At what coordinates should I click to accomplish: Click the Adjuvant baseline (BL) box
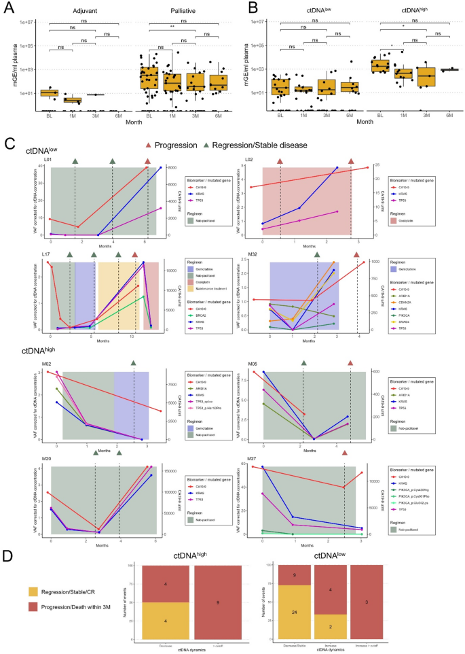pyautogui.click(x=50, y=92)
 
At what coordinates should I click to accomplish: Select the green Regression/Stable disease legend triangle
pyautogui.click(x=207, y=145)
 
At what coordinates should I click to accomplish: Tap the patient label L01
pyautogui.click(x=48, y=159)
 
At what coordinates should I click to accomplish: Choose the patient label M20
pyautogui.click(x=48, y=460)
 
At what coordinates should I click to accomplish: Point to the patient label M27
pyautogui.click(x=248, y=460)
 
